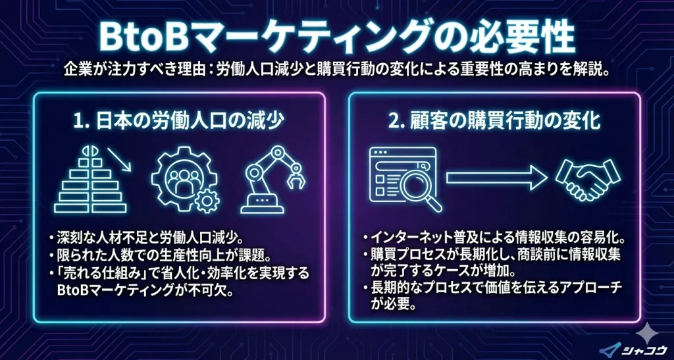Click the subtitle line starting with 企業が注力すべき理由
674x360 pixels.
tap(337, 69)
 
